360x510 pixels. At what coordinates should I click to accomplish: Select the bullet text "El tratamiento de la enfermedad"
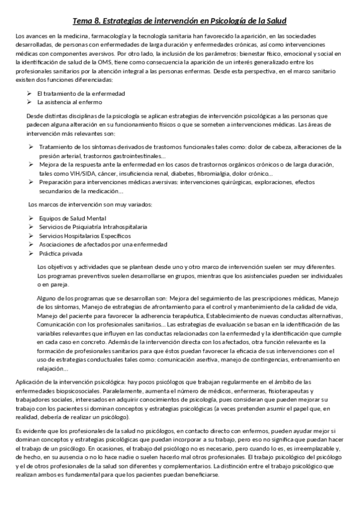coord(81,94)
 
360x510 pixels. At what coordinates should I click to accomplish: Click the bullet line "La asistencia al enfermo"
coord(70,102)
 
